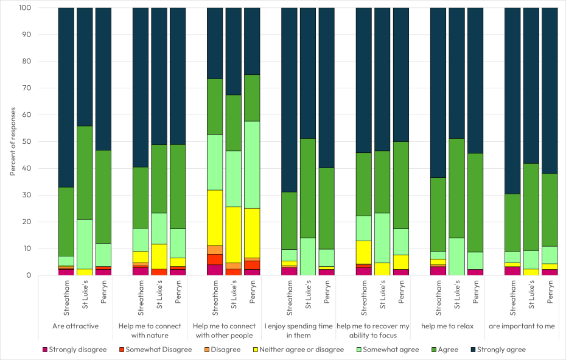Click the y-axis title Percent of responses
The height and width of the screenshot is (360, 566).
tap(13, 141)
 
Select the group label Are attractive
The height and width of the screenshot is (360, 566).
tap(75, 326)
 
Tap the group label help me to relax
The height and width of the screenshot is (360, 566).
tap(447, 326)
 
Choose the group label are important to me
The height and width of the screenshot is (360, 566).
tap(522, 326)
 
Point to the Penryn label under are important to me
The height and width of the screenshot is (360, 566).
tap(550, 295)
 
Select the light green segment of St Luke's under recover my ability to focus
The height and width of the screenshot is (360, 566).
tap(382, 238)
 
